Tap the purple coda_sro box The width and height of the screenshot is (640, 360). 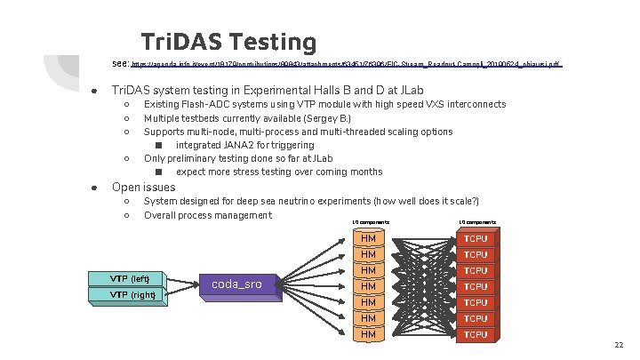(x=237, y=284)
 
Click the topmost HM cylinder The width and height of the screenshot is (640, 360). (x=366, y=238)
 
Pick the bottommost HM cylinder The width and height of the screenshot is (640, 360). (x=366, y=334)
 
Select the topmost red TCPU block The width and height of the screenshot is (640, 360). (x=476, y=238)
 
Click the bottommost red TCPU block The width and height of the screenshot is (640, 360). (x=476, y=334)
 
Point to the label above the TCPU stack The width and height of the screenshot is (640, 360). (x=477, y=222)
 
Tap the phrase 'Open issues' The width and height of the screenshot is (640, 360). (x=143, y=187)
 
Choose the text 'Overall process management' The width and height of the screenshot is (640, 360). (x=207, y=215)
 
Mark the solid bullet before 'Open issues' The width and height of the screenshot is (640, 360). (x=93, y=188)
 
